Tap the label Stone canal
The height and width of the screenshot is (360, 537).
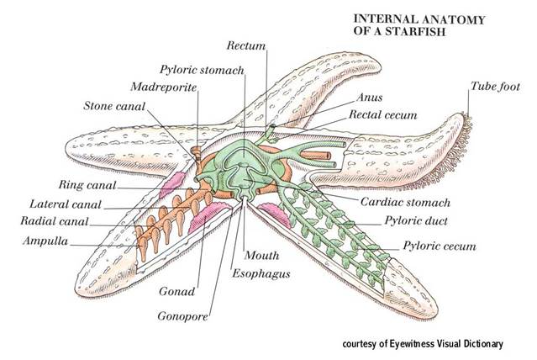click(x=116, y=106)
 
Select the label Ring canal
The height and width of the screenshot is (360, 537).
click(x=87, y=184)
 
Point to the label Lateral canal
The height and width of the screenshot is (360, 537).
click(x=66, y=204)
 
